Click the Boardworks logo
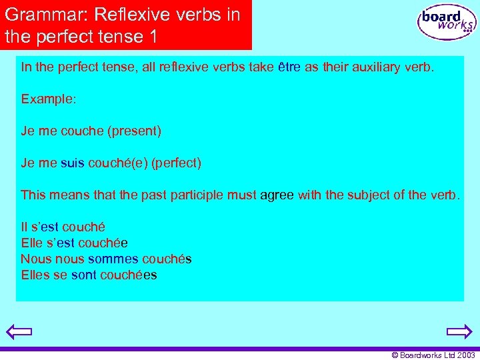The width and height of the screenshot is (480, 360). click(x=447, y=23)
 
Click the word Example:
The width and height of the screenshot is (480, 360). click(x=49, y=99)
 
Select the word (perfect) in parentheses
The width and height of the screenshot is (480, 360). click(x=176, y=163)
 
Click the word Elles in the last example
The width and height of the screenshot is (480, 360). click(x=35, y=275)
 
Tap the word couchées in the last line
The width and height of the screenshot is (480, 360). click(x=129, y=275)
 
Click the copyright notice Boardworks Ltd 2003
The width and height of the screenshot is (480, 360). click(x=433, y=355)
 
